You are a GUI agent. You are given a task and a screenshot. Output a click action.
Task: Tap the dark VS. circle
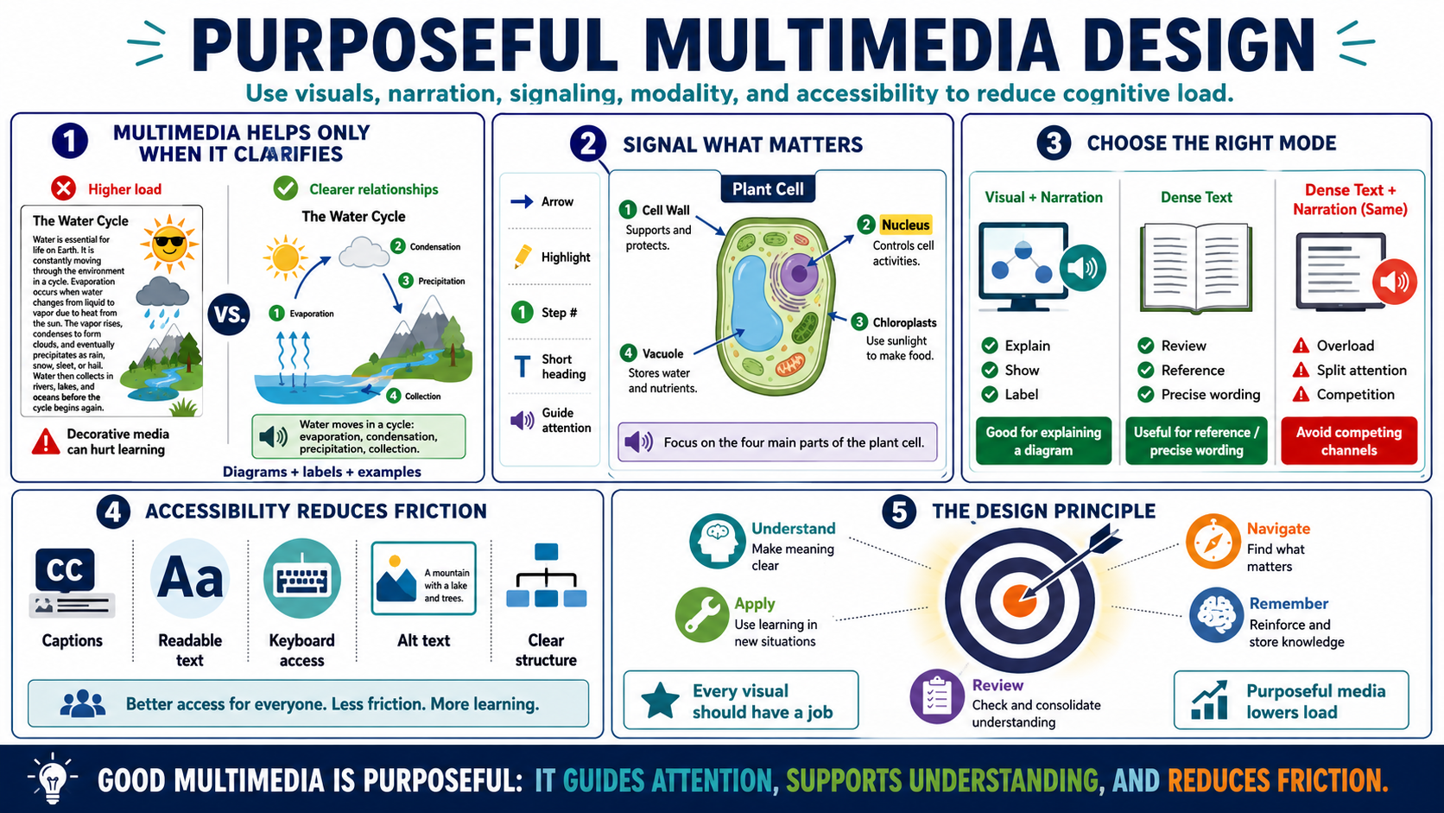[x=229, y=314]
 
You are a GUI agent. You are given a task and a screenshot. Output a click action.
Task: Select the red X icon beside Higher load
[x=64, y=189]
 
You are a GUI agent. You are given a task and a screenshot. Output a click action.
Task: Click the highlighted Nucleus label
[x=905, y=225]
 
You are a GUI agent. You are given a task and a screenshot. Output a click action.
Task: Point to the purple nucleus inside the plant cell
[x=800, y=272]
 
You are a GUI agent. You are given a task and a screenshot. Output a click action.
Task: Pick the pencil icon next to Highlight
[x=522, y=256]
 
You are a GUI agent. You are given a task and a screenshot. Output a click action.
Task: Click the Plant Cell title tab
[x=768, y=189]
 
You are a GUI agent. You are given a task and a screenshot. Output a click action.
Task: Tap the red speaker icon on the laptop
[x=1395, y=281]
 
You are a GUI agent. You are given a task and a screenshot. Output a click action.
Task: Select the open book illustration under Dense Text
[x=1196, y=268]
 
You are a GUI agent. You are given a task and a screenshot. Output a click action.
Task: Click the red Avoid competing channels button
[x=1349, y=441]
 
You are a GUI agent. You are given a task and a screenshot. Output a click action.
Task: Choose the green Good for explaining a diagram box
[x=1043, y=441]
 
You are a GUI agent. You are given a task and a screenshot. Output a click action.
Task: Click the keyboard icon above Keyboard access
[x=301, y=578]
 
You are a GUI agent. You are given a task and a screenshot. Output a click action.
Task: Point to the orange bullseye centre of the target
[x=1019, y=600]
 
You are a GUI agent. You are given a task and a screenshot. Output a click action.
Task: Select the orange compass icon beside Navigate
[x=1213, y=542]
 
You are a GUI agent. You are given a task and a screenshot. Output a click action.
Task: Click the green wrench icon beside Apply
[x=702, y=614]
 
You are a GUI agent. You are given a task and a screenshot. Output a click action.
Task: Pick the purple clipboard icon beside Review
[x=937, y=697]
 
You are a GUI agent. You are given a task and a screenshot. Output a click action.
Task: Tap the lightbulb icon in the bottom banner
[x=52, y=778]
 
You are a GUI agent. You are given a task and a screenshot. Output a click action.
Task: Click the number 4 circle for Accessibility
[x=113, y=512]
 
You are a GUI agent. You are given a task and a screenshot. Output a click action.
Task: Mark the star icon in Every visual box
[x=660, y=701]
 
